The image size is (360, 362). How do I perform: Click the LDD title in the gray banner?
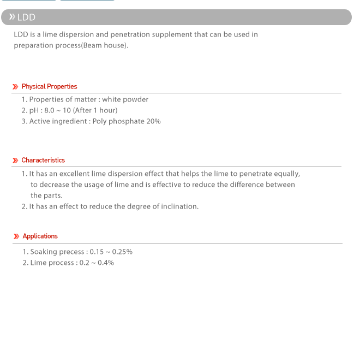26,17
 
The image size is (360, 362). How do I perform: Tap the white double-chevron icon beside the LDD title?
12,17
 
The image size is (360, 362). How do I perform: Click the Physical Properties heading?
49,86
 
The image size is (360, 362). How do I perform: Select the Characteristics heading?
43,160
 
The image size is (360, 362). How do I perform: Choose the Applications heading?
40,236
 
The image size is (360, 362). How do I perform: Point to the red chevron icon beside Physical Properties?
15,87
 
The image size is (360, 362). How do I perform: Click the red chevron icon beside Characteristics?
15,161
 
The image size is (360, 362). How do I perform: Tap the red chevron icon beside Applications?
16,236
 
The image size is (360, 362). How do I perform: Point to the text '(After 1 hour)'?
95,110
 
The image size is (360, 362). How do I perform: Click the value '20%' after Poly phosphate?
153,121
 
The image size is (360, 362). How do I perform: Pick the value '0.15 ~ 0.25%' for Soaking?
111,252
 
